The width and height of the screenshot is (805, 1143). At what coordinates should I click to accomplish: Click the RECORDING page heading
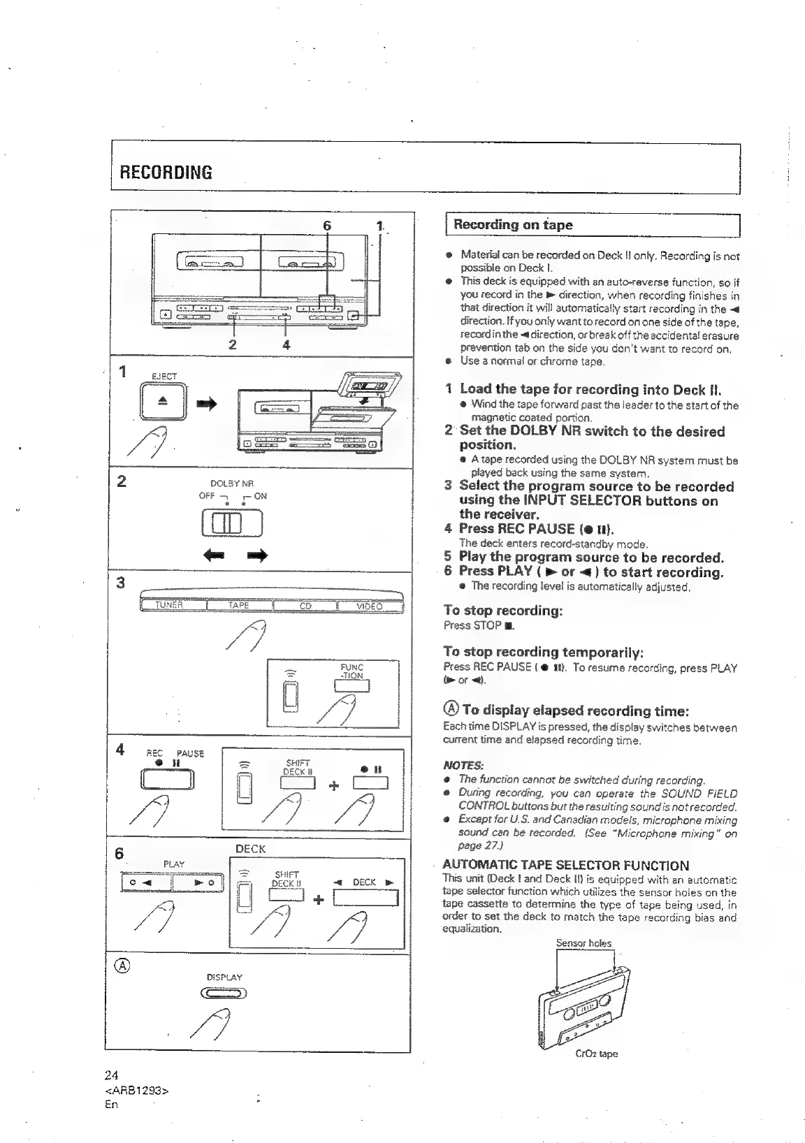pyautogui.click(x=166, y=173)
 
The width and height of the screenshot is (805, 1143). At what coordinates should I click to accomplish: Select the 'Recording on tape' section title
pyautogui.click(x=512, y=225)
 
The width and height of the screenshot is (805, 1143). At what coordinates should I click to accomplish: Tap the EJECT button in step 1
pyautogui.click(x=164, y=403)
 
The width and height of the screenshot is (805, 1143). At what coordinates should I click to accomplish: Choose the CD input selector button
pyautogui.click(x=305, y=606)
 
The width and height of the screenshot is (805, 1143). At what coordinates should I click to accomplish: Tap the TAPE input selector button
pyautogui.click(x=239, y=606)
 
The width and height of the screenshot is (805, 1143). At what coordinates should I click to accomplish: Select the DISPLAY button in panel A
pyautogui.click(x=223, y=995)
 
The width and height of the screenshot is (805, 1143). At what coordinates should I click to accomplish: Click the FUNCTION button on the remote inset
pyautogui.click(x=351, y=685)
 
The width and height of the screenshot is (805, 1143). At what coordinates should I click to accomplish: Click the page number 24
pyautogui.click(x=112, y=1075)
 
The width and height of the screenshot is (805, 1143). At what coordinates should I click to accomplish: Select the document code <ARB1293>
pyautogui.click(x=137, y=1090)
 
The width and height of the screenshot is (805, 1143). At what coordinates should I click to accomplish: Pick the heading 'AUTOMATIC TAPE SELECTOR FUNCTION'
pyautogui.click(x=566, y=865)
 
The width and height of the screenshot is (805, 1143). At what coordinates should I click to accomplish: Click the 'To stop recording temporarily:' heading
pyautogui.click(x=544, y=653)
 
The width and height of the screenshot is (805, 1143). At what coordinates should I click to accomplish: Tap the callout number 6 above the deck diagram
pyautogui.click(x=326, y=226)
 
